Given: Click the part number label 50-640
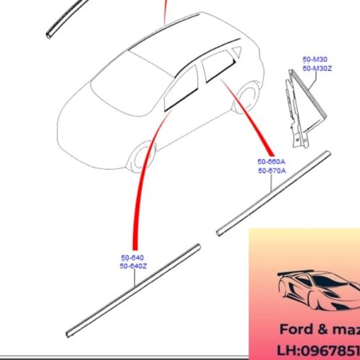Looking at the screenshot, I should pyautogui.click(x=132, y=258).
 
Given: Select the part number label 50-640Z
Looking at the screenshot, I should pyautogui.click(x=134, y=266).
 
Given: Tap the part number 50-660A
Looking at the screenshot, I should pyautogui.click(x=271, y=162).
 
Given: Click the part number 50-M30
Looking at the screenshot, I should pyautogui.click(x=314, y=60).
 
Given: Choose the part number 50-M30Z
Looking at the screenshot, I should pyautogui.click(x=317, y=68).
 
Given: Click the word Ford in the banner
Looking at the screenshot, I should pyautogui.click(x=296, y=330).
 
